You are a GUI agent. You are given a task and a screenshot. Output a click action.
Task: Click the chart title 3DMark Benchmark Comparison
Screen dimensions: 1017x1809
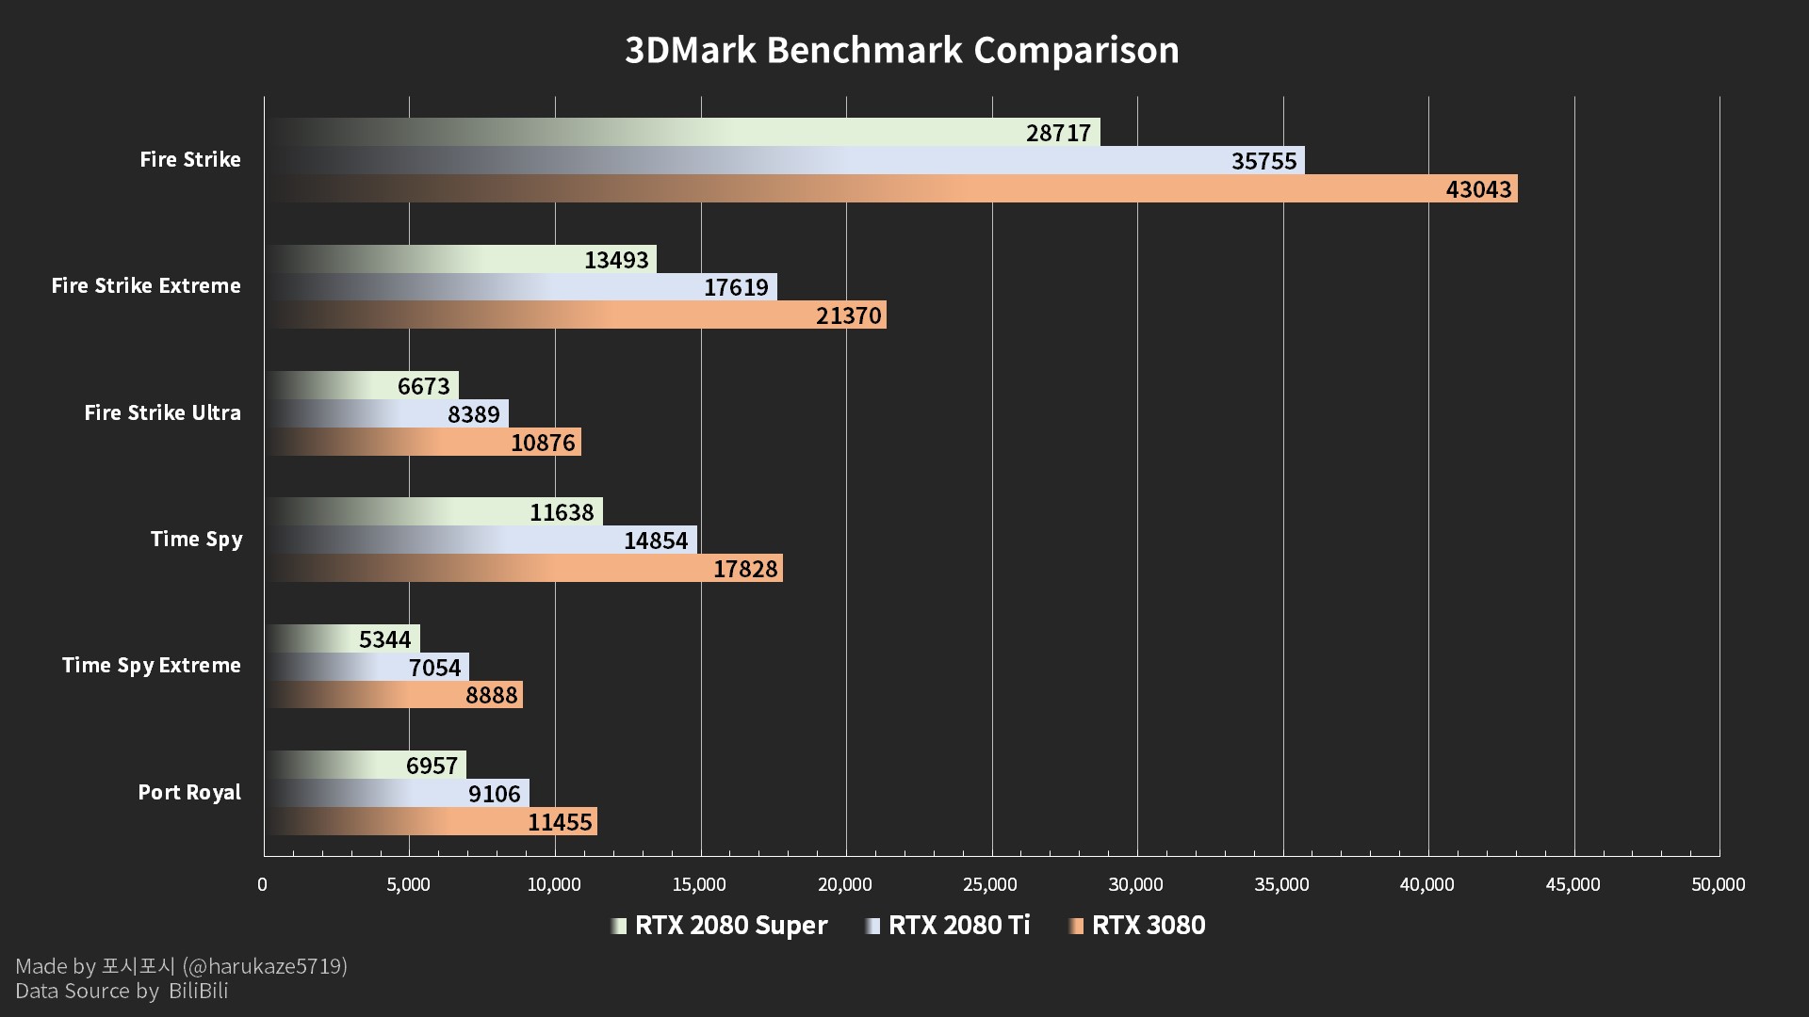click(902, 50)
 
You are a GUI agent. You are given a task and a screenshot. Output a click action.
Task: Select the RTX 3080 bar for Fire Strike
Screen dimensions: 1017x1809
click(895, 189)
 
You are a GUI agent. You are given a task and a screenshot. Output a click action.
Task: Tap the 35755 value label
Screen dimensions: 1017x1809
click(1263, 161)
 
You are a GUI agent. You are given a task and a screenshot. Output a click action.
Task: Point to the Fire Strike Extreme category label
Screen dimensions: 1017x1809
click(146, 286)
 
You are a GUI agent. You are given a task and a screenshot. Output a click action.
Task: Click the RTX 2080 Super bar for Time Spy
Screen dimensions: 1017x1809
click(433, 512)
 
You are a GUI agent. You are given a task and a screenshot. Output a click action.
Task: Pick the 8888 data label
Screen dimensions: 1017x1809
click(491, 695)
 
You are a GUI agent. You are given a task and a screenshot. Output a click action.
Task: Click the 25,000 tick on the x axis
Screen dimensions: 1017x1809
click(990, 884)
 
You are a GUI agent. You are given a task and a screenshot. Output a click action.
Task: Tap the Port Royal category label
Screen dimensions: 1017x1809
click(189, 793)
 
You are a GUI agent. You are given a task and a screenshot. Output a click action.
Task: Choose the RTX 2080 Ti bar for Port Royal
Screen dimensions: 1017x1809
click(396, 794)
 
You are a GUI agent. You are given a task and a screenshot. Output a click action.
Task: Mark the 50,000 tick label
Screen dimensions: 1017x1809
click(1718, 884)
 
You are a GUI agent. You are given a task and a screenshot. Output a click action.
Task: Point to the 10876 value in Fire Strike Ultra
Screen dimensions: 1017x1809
click(542, 443)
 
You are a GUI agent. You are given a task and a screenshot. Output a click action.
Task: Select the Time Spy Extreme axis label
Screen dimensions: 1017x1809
click(152, 666)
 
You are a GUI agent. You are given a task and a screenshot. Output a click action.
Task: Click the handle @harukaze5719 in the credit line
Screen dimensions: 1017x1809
click(265, 966)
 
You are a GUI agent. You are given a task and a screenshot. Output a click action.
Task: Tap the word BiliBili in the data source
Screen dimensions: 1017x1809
click(199, 991)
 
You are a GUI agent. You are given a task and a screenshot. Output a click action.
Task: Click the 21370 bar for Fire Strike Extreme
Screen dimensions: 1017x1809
click(575, 315)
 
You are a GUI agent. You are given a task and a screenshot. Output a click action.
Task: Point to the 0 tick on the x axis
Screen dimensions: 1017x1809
click(263, 884)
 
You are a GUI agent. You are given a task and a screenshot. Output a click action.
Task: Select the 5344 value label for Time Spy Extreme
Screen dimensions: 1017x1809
click(384, 639)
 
